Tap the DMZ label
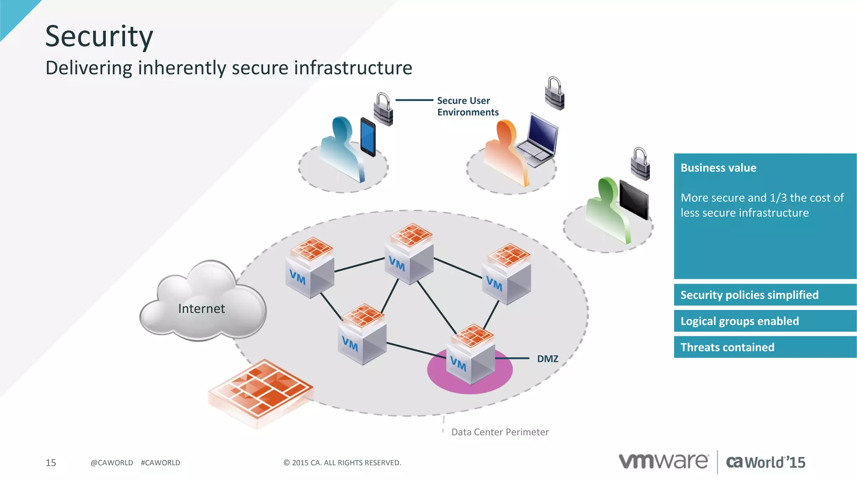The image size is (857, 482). pos(547,359)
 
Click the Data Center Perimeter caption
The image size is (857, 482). pos(500,432)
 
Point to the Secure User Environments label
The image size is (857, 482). pos(467,107)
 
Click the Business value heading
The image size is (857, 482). pos(718,168)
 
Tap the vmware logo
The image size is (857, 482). pos(663,461)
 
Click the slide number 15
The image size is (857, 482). pos(51,463)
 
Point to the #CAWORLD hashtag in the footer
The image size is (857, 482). pos(160,463)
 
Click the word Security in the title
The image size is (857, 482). pos(99,37)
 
